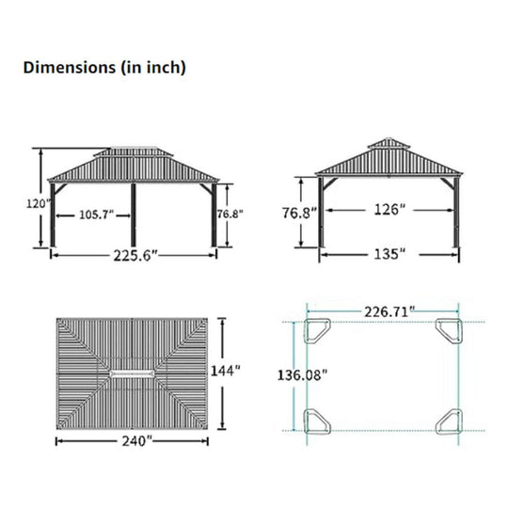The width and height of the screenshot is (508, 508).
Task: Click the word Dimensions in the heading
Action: (70, 68)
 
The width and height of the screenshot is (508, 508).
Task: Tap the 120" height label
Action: (39, 204)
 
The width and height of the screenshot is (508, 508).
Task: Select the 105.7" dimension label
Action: (97, 214)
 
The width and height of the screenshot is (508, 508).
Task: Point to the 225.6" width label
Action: (135, 256)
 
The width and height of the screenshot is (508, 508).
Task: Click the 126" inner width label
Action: (389, 210)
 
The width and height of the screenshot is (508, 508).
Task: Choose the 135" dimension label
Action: (389, 254)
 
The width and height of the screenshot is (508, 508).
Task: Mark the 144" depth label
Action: (226, 371)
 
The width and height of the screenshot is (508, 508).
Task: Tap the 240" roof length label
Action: (136, 441)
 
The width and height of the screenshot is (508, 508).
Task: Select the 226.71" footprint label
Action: (389, 312)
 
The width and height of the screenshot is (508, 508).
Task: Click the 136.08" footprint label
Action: (302, 375)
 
